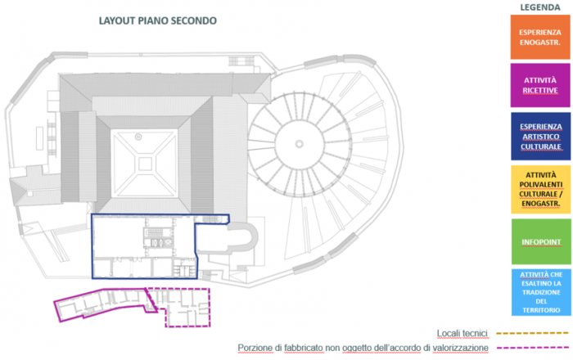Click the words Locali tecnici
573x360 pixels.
(x=462, y=333)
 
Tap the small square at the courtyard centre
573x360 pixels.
(x=146, y=162)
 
